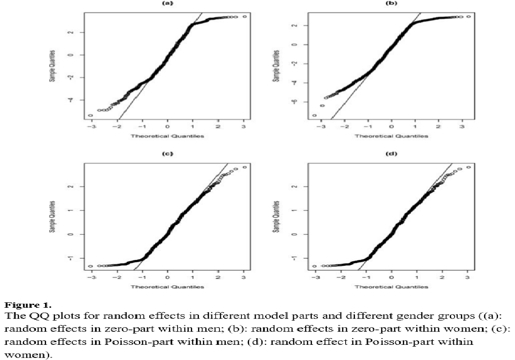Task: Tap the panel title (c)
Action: point(167,153)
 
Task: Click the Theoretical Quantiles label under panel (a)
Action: point(167,136)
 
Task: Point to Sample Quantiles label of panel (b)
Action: point(275,63)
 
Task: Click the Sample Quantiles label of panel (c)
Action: point(51,215)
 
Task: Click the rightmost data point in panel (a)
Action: point(245,17)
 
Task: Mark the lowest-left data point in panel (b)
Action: point(314,115)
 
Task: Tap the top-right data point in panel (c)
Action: point(245,167)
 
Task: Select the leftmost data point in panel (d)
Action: point(314,266)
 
